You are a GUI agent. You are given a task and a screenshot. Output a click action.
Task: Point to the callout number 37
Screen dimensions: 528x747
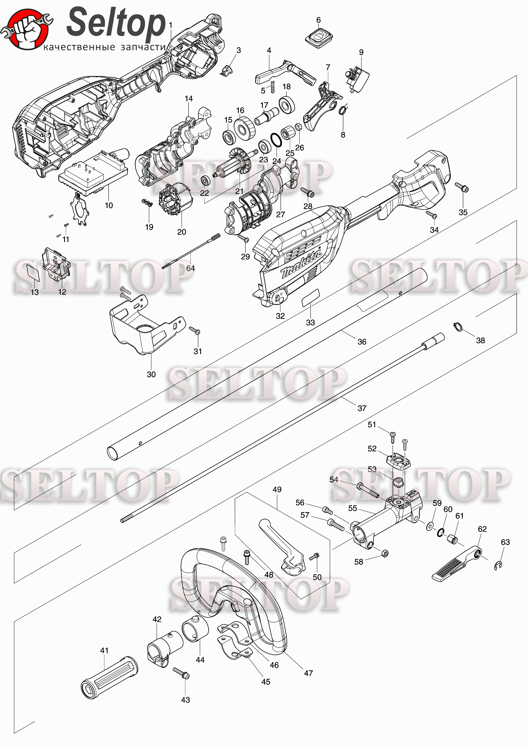click(x=362, y=408)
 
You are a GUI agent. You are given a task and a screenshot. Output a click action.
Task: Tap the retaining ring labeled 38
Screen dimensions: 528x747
click(x=458, y=327)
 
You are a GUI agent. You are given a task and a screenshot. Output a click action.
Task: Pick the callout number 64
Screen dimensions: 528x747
click(x=191, y=268)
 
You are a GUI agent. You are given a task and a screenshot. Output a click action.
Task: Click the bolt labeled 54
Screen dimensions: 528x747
click(x=368, y=491)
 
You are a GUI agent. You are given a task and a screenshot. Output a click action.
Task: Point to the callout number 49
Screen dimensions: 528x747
click(x=277, y=489)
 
